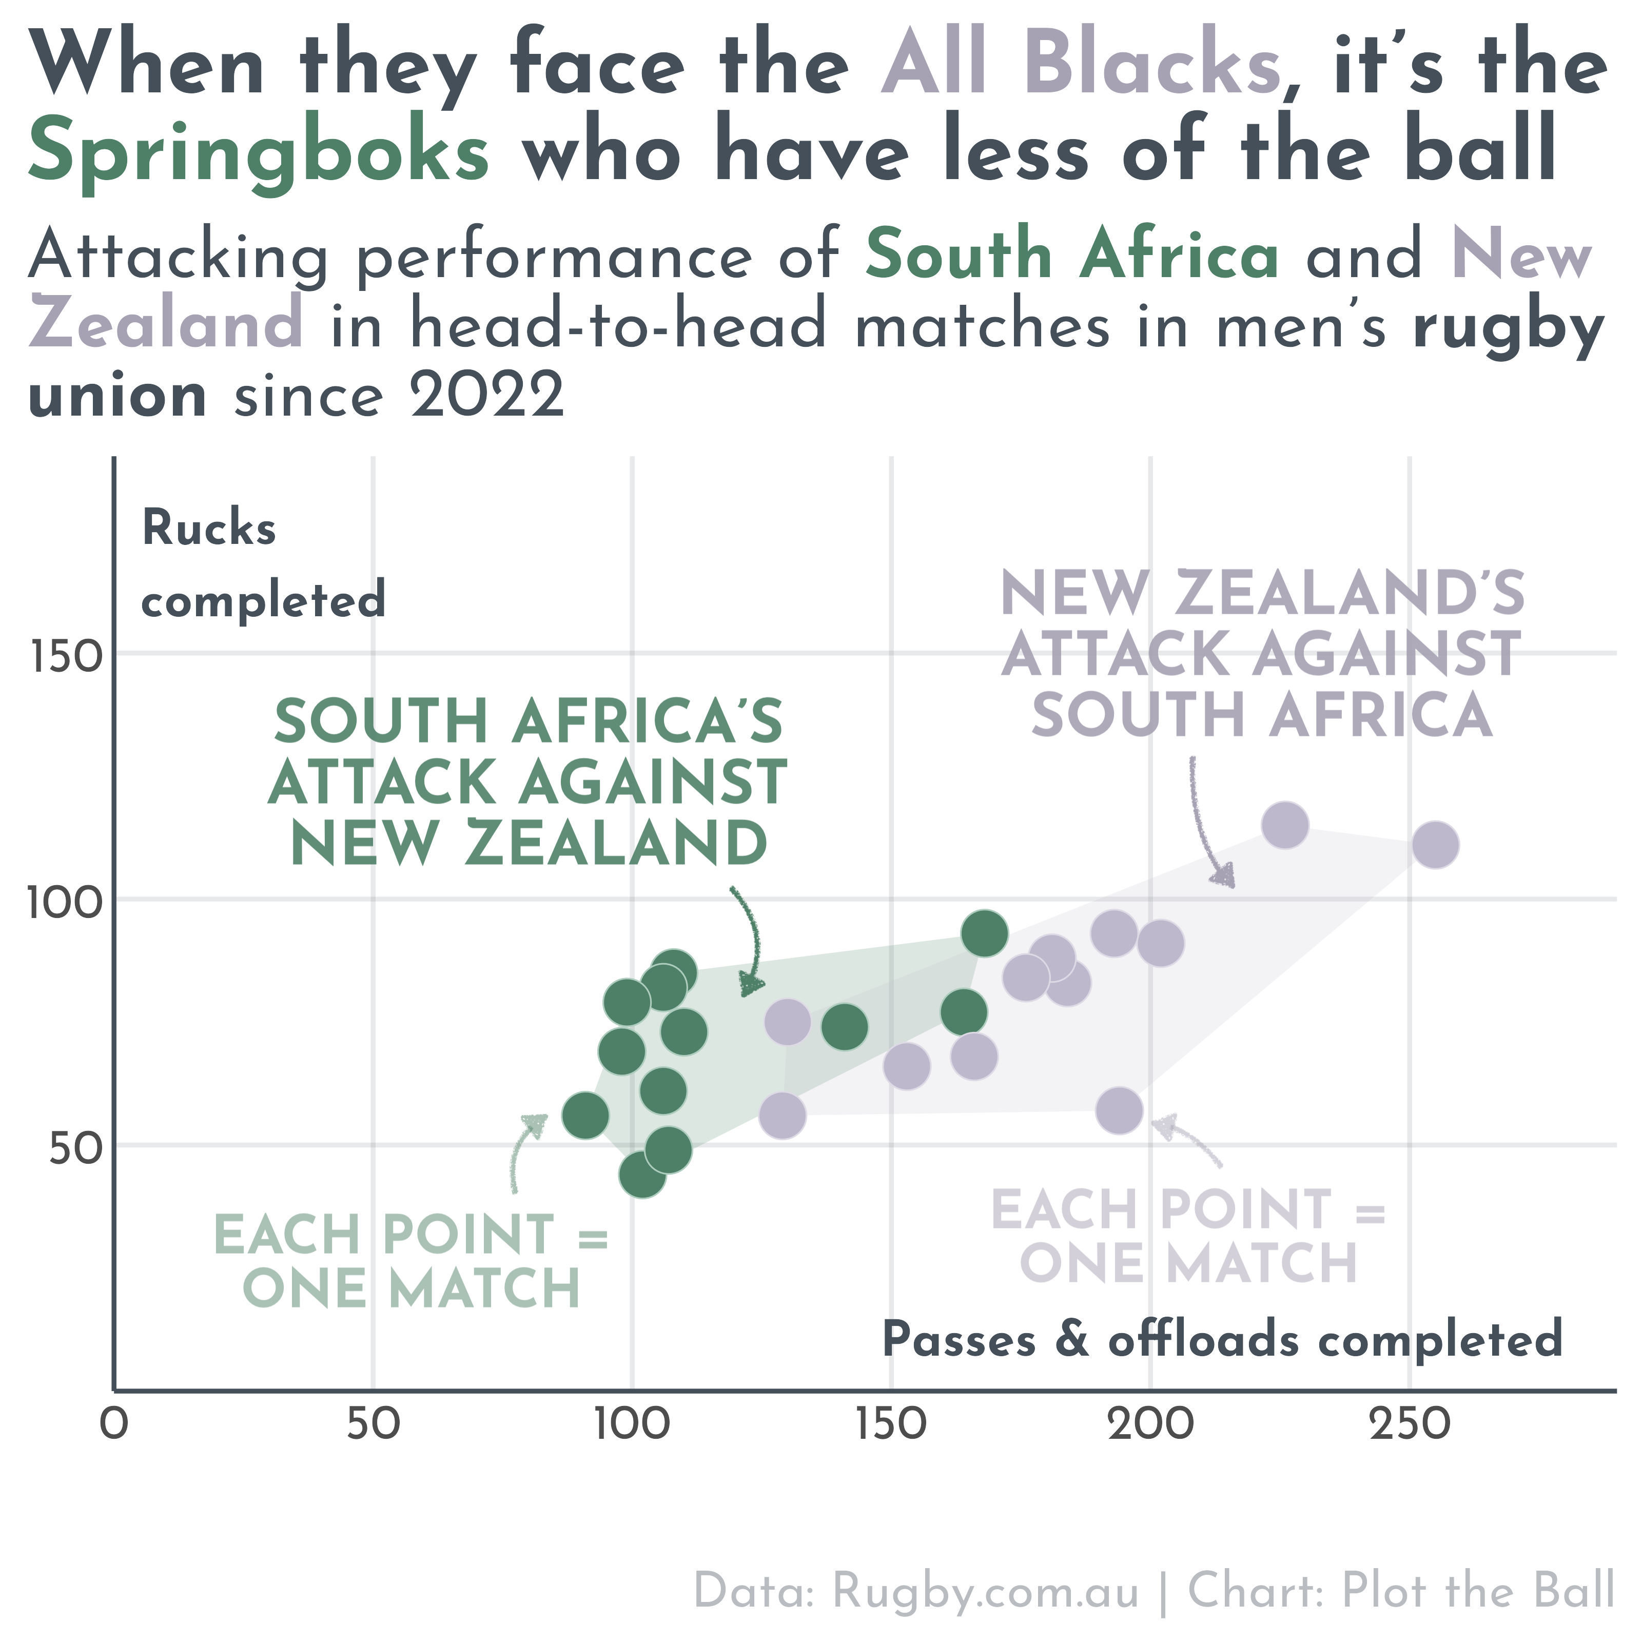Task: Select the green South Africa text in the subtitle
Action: [x=1072, y=253]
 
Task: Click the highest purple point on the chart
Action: [x=1284, y=825]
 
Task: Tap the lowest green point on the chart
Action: [x=642, y=1175]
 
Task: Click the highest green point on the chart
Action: [x=984, y=933]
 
